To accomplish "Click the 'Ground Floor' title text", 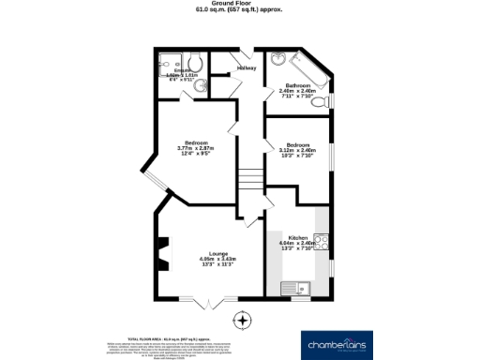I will click(240, 4).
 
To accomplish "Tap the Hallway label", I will click(247, 68).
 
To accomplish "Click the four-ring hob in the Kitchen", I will click(320, 241).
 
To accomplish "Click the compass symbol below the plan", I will click(244, 322).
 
